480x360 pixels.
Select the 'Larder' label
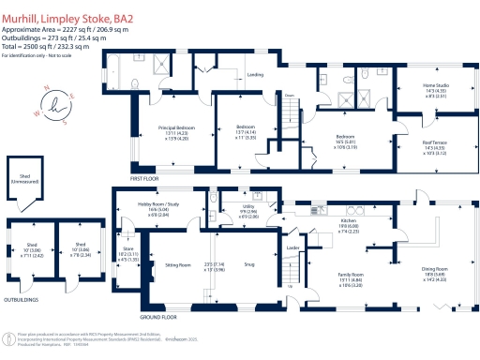(x=292, y=247)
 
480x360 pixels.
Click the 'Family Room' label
(x=350, y=274)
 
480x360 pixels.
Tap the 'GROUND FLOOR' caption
(x=159, y=316)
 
